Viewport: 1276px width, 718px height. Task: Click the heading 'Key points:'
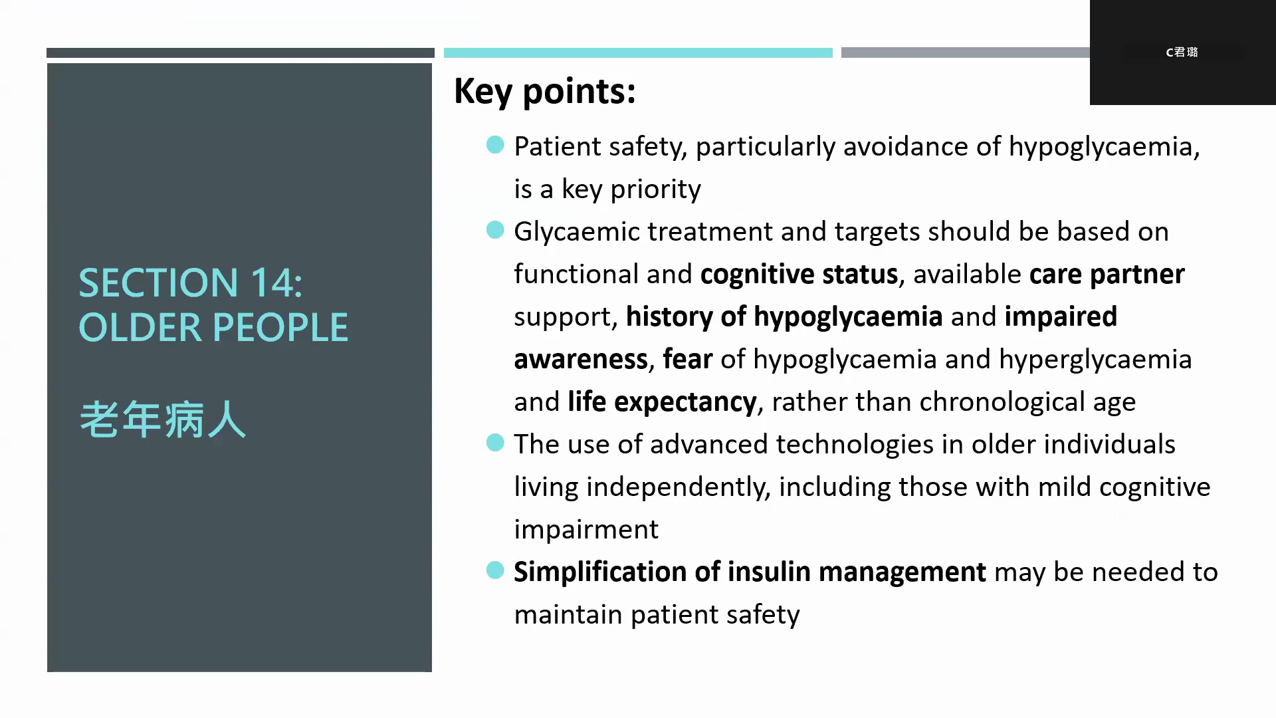[x=545, y=92]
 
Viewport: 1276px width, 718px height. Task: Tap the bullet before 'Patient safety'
[x=495, y=144]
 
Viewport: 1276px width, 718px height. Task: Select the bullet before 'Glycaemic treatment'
[x=495, y=230]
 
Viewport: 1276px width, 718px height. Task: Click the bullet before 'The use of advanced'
[x=495, y=442]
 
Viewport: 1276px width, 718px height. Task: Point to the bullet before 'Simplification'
[x=495, y=570]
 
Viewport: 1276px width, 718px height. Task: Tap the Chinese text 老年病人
[x=163, y=419]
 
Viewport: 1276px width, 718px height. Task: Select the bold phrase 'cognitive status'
[x=799, y=275]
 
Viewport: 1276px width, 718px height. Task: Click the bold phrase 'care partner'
[x=1107, y=275]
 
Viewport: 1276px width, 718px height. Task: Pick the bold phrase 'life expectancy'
[x=662, y=402]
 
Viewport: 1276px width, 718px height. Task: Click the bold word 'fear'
[x=687, y=359]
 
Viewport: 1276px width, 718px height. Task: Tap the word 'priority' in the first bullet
[x=655, y=189]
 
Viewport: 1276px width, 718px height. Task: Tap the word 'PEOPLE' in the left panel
[x=280, y=328]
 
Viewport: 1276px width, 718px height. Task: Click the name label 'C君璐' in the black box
[x=1182, y=52]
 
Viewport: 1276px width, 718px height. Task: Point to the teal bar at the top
[x=638, y=53]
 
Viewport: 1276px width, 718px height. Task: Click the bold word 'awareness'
[x=581, y=360]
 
